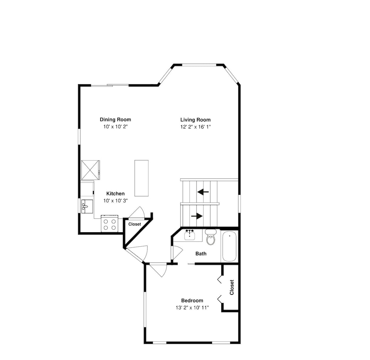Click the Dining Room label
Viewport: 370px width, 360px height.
(x=115, y=120)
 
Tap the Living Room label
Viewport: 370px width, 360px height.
(x=195, y=120)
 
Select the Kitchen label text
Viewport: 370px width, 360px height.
(x=115, y=194)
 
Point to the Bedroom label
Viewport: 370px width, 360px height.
(x=192, y=300)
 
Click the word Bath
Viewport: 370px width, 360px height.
(x=201, y=253)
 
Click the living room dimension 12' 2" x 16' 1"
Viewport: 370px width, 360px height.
(x=195, y=127)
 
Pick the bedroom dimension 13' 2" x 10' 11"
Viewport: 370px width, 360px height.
(x=192, y=307)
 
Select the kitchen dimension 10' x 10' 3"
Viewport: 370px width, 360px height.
(x=115, y=201)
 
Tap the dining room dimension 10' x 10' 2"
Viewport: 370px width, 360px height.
(x=115, y=127)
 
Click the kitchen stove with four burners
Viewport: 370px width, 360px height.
(x=110, y=223)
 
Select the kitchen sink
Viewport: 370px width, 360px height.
(x=87, y=206)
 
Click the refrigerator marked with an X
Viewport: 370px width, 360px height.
(x=90, y=170)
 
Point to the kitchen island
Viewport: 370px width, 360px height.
(x=142, y=178)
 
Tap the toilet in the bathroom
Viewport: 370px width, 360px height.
(x=211, y=237)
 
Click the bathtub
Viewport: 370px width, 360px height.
(x=229, y=246)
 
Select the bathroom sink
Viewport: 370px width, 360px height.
(x=189, y=235)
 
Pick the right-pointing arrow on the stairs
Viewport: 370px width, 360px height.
(x=197, y=216)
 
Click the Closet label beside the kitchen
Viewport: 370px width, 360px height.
(x=135, y=224)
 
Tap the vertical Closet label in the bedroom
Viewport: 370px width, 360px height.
(x=232, y=287)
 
